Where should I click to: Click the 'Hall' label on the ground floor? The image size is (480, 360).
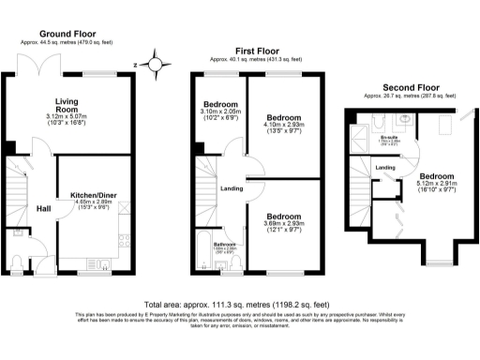[x=43, y=208]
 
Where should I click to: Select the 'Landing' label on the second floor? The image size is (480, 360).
[x=384, y=167]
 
